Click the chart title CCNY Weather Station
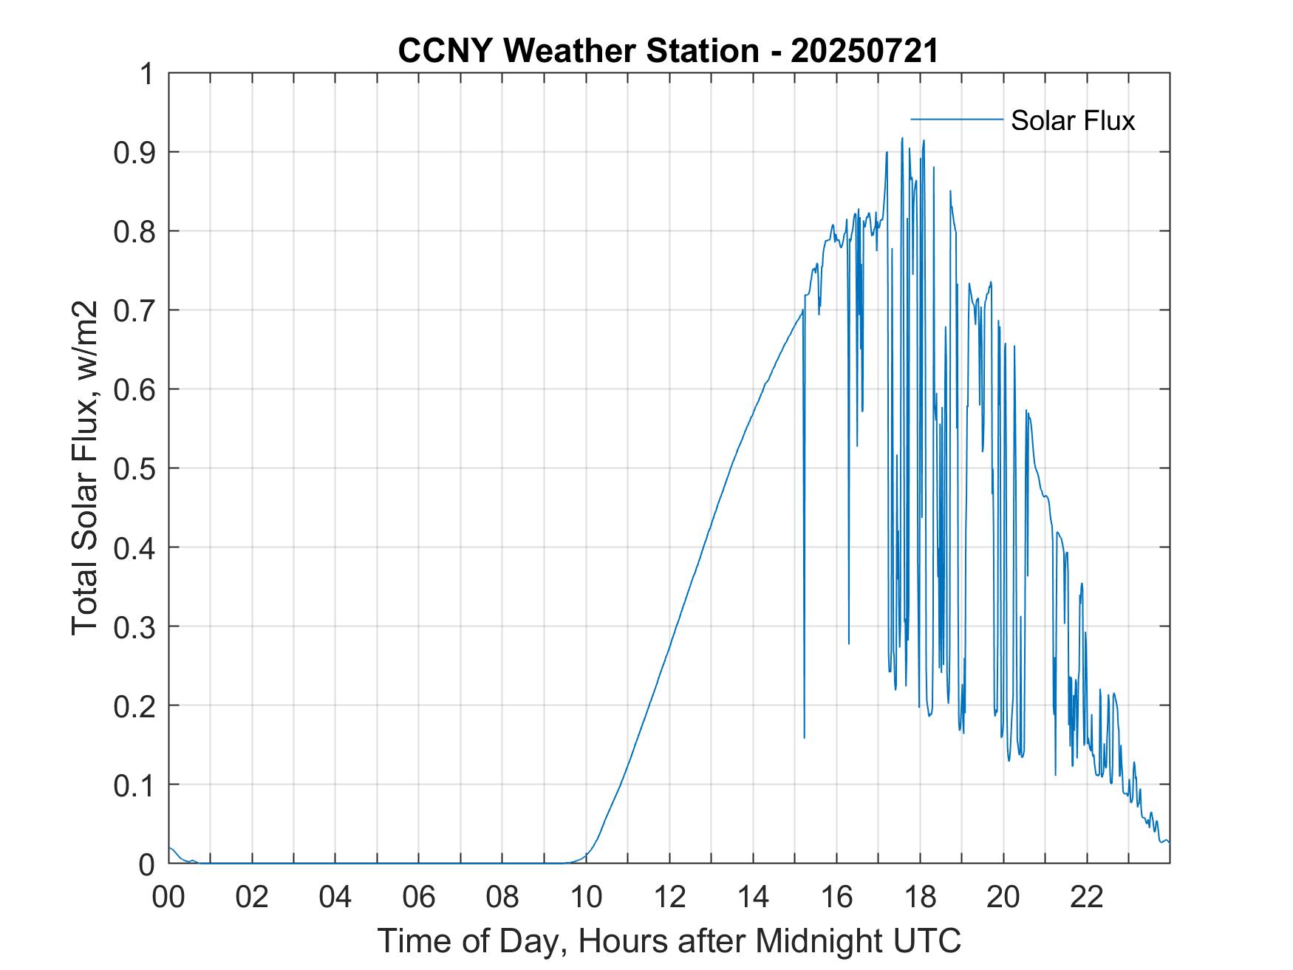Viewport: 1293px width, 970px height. tap(578, 51)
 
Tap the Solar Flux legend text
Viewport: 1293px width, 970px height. tap(1072, 120)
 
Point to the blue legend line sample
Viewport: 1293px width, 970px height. tap(956, 119)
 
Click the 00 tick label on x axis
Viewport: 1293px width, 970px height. tap(168, 898)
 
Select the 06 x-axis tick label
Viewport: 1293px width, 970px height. tap(419, 898)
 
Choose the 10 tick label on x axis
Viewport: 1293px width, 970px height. tap(586, 898)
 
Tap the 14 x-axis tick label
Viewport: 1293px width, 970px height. tap(753, 898)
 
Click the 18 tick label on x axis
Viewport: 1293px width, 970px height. tap(920, 898)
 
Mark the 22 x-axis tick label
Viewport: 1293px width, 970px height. tap(1087, 898)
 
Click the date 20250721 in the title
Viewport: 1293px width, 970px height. tap(864, 51)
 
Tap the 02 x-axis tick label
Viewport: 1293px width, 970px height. tap(252, 898)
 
